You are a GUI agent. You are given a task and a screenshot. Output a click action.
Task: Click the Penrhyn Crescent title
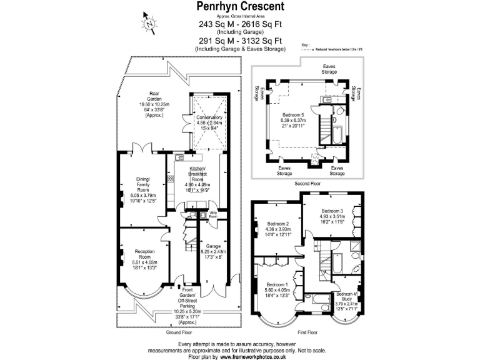(241, 6)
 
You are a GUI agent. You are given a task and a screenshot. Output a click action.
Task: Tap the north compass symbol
(151, 23)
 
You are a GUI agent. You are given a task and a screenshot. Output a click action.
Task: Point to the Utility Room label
(213, 214)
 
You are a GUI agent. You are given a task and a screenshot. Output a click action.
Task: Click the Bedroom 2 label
(277, 224)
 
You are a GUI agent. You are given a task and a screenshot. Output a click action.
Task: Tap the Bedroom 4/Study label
(347, 294)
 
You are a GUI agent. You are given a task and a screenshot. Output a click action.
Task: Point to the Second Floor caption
(306, 184)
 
